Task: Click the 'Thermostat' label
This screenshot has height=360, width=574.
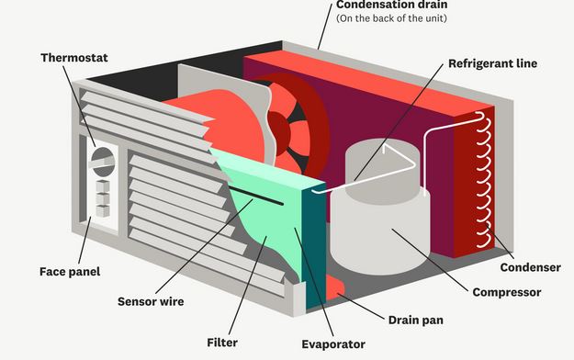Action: pyautogui.click(x=73, y=58)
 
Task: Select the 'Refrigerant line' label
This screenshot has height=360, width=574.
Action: pyautogui.click(x=491, y=64)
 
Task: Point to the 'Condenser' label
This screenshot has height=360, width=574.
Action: pyautogui.click(x=530, y=267)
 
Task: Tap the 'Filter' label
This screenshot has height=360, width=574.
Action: pyautogui.click(x=223, y=343)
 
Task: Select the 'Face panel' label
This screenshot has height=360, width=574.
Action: pyautogui.click(x=70, y=271)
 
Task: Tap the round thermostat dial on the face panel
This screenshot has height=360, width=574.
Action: pyautogui.click(x=103, y=162)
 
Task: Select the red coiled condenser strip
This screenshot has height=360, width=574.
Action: pyautogui.click(x=477, y=184)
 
